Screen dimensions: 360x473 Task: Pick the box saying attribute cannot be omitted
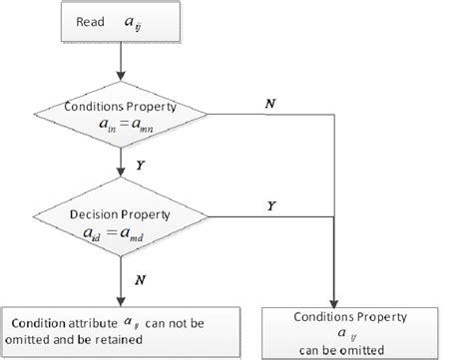[x=122, y=330]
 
